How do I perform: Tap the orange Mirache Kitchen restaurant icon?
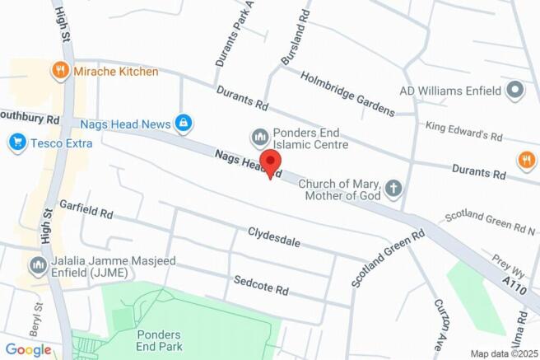point(58,72)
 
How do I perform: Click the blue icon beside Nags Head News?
point(184,124)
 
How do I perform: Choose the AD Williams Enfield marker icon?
point(516,90)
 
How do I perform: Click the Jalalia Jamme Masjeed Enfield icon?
point(37,265)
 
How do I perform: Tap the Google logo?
point(28,349)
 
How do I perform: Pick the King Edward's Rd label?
point(463,131)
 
